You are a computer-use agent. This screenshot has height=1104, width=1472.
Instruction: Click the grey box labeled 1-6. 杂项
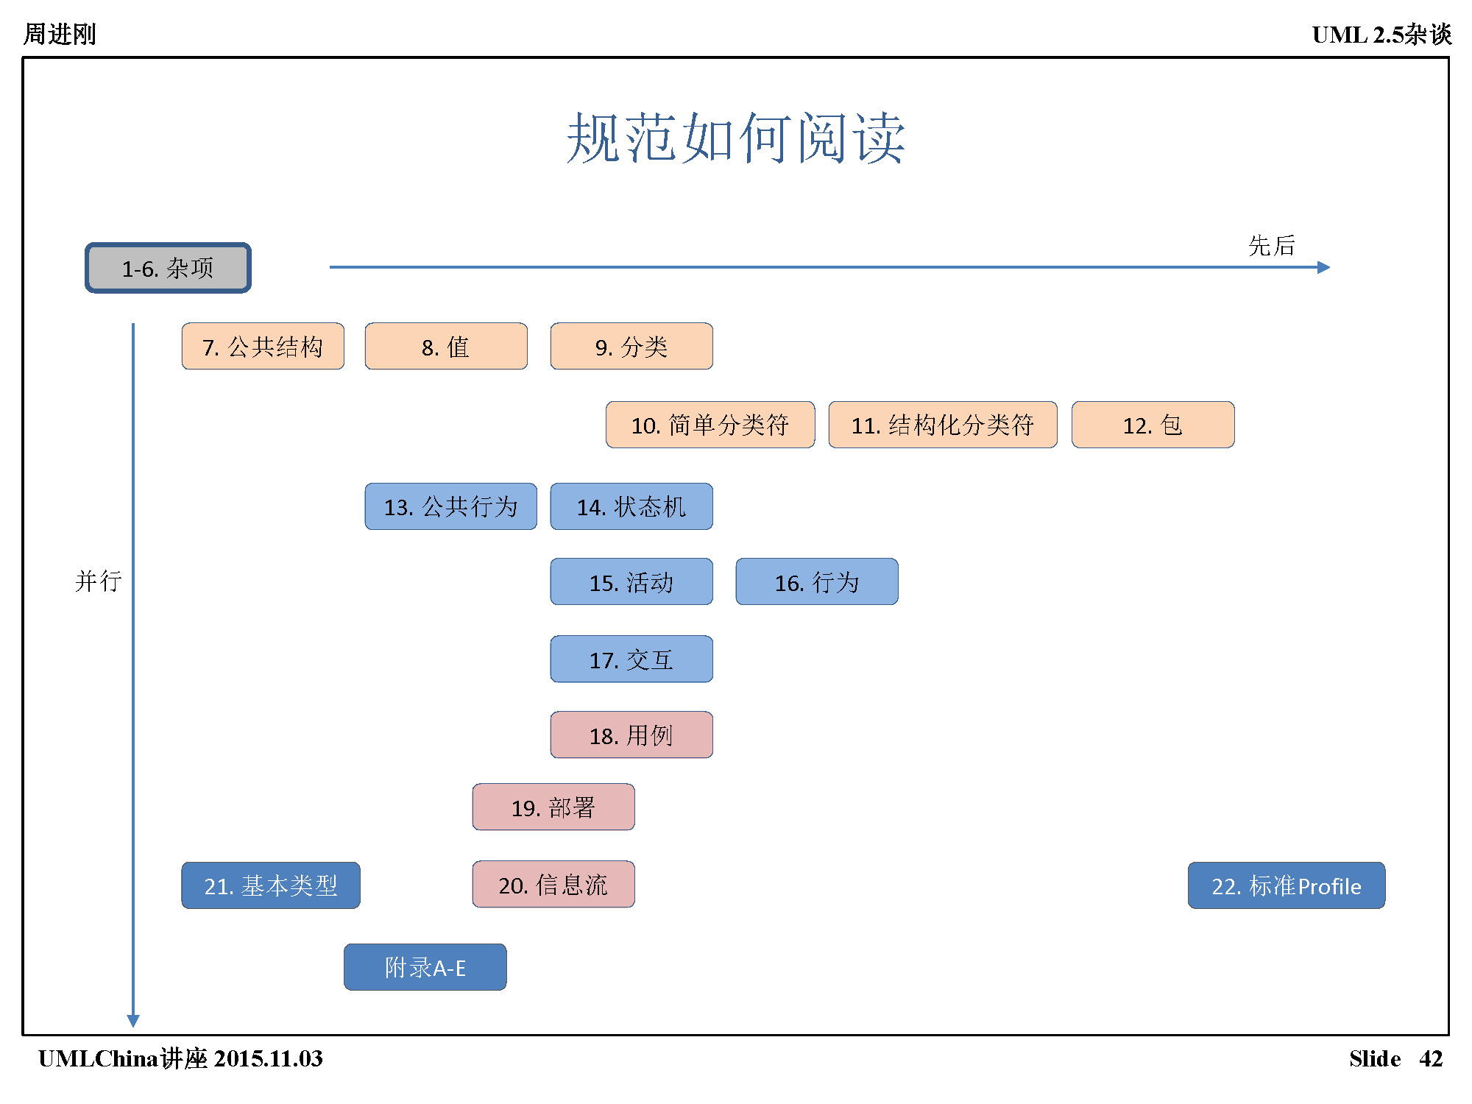tap(168, 268)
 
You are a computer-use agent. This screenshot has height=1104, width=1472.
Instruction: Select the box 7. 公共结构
tap(263, 346)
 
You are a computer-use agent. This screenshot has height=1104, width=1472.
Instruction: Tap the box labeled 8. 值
tap(446, 346)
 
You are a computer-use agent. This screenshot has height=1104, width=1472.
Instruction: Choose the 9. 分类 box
tap(631, 346)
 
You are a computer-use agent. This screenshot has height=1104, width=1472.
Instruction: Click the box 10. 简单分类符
tap(710, 425)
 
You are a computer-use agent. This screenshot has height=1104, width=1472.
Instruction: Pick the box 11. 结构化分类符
tap(943, 425)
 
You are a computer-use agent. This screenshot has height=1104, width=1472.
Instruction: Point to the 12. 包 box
tap(1153, 425)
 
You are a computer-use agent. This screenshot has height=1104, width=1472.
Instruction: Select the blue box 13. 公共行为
tap(450, 506)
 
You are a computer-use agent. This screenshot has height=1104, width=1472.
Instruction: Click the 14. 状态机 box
tap(631, 506)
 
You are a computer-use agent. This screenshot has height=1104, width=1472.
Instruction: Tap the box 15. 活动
tap(631, 581)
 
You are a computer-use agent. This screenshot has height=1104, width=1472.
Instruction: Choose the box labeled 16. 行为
tap(817, 581)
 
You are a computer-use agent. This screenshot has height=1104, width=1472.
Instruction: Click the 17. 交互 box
tap(631, 659)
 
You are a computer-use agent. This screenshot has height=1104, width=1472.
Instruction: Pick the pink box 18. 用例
tap(631, 735)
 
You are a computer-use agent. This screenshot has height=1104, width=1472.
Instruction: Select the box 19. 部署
tap(553, 807)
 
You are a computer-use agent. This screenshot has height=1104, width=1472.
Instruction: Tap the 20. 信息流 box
tap(553, 884)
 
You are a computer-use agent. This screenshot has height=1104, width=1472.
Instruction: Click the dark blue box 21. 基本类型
tap(271, 885)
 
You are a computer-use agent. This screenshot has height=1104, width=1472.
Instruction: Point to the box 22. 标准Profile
tap(1287, 885)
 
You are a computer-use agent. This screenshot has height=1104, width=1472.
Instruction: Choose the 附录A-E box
tap(425, 967)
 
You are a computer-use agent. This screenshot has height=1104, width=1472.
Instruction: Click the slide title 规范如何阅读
tap(735, 138)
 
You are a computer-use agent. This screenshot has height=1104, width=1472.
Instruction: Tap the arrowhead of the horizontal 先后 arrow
tap(1324, 267)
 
